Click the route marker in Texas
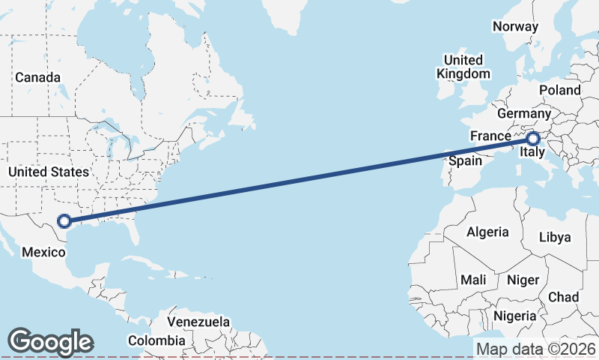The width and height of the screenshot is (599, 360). (64, 220)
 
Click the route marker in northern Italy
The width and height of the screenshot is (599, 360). (532, 139)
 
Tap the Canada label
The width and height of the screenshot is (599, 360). (38, 77)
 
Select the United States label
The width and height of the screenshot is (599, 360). (48, 172)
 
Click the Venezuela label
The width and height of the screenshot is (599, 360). (198, 321)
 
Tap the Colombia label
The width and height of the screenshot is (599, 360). (156, 340)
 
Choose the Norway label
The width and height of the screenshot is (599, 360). (515, 26)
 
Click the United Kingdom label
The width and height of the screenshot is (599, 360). (463, 67)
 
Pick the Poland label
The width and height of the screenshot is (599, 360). (559, 90)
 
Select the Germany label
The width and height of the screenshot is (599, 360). (523, 113)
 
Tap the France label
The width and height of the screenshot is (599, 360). (490, 136)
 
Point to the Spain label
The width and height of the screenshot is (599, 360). (465, 160)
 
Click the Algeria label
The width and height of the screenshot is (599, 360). (487, 232)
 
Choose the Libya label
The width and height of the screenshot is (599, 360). (555, 237)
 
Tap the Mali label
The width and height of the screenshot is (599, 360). (473, 279)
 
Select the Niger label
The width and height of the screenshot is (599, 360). (523, 280)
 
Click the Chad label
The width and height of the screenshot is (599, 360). (563, 297)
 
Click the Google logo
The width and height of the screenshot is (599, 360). (50, 342)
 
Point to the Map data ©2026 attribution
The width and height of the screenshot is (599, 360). (536, 349)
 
